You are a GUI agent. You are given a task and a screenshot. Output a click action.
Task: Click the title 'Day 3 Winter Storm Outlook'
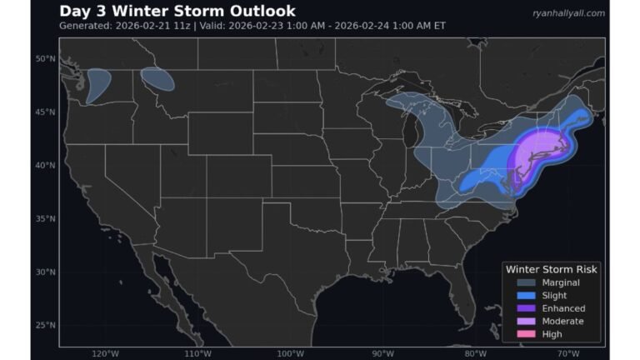coord(177,11)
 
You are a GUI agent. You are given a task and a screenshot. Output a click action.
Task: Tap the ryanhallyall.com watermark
coord(568,12)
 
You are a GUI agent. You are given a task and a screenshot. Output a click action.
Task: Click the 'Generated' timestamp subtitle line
coord(252,26)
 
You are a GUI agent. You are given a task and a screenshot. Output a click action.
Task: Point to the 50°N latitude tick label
coord(45,58)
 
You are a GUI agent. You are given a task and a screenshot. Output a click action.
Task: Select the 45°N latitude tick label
coord(45,112)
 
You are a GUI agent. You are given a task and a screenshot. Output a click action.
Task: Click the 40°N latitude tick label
coord(45,165)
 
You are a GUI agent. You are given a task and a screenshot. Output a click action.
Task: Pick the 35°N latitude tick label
coord(45,218)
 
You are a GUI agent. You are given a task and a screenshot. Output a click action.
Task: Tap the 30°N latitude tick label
coord(45,272)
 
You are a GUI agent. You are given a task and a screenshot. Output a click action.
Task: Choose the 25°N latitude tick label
coord(45,325)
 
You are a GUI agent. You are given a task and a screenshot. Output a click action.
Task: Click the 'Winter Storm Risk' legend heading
coord(551,269)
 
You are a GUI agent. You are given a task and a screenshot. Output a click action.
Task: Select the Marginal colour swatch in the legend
coord(526,282)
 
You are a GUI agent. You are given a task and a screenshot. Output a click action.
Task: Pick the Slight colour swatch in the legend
coord(526,296)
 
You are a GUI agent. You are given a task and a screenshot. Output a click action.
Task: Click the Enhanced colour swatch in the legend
coord(526,308)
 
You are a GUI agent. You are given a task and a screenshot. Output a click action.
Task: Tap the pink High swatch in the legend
coord(526,334)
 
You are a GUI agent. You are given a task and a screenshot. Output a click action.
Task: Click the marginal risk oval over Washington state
coord(98,85)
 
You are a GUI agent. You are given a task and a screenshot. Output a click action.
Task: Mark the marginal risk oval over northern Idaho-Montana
coord(157,79)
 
